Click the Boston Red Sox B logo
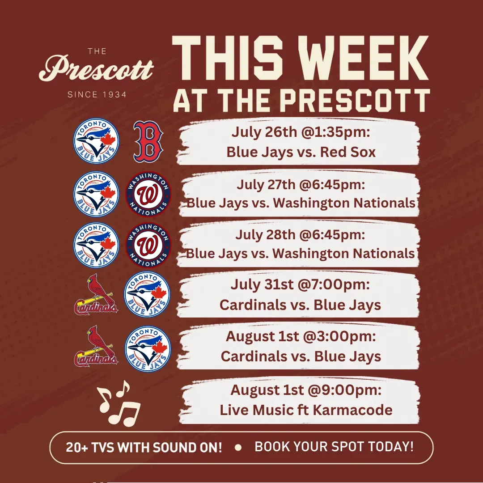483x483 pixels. [x=148, y=141]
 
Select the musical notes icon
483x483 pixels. [x=119, y=403]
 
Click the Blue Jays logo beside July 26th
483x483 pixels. [x=96, y=141]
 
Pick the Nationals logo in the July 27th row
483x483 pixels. [x=148, y=194]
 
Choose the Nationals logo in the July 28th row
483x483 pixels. [x=148, y=245]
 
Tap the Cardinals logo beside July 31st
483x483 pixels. [x=96, y=294]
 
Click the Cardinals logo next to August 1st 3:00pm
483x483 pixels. [x=96, y=346]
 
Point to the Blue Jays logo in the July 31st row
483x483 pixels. [x=147, y=294]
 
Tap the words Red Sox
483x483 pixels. [x=348, y=152]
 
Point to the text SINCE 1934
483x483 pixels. [x=97, y=94]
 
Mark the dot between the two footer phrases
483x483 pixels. [x=238, y=447]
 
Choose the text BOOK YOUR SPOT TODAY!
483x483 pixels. [x=334, y=447]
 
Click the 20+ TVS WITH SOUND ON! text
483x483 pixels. [x=144, y=447]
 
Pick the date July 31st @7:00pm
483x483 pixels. [x=301, y=284]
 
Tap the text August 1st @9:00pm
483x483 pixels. [x=306, y=390]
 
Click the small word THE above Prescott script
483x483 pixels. [x=97, y=51]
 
